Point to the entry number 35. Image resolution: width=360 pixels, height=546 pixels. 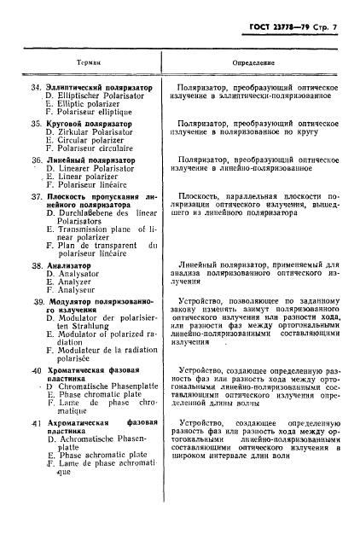pyautogui.click(x=37, y=124)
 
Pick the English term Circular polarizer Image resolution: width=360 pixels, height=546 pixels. pyautogui.click(x=84, y=141)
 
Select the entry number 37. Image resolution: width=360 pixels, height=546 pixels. pyautogui.click(x=37, y=195)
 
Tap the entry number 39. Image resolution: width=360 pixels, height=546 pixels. pyautogui.click(x=37, y=303)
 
